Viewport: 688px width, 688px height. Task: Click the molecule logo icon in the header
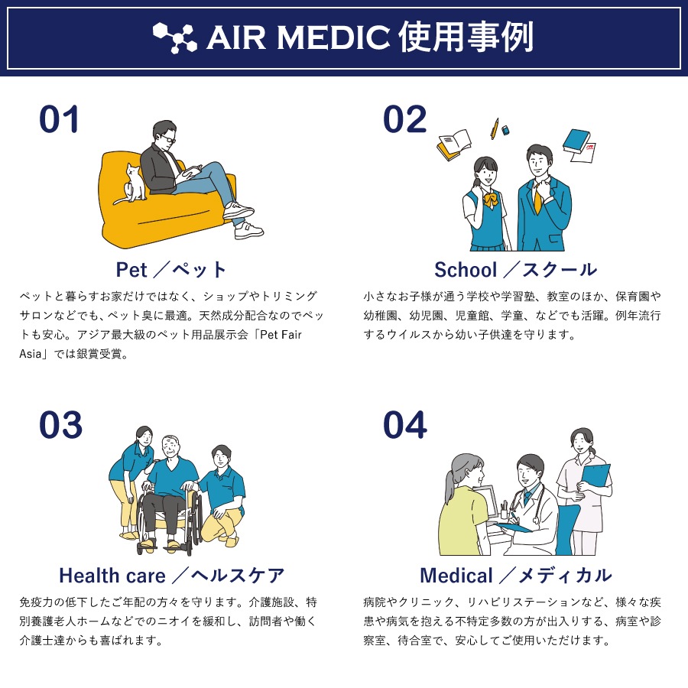click(174, 37)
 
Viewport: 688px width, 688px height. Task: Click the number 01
click(60, 121)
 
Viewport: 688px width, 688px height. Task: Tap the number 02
click(404, 121)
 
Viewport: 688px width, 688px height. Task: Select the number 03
click(60, 426)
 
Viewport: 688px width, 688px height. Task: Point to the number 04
click(404, 426)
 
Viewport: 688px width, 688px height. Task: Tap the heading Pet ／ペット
click(172, 270)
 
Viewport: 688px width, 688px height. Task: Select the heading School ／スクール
click(515, 270)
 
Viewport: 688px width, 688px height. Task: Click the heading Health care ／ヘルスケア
click(172, 575)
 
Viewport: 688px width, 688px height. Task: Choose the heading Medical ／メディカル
click(515, 575)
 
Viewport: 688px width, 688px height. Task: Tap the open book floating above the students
click(453, 144)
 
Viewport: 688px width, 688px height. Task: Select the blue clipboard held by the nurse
click(596, 478)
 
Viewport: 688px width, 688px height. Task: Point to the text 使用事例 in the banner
click(465, 37)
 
